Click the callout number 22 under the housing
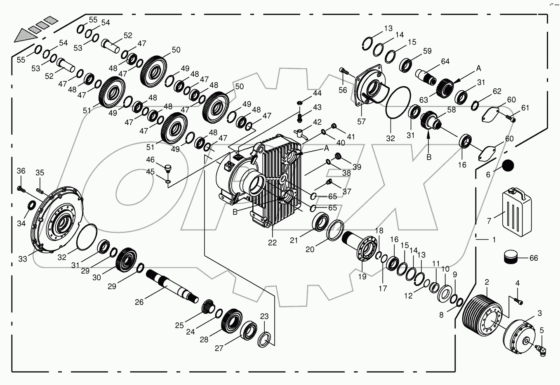click(x=272, y=243)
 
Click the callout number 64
click(x=445, y=61)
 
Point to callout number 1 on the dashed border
click(x=494, y=239)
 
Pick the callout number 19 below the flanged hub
click(x=362, y=277)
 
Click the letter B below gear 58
click(x=429, y=157)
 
